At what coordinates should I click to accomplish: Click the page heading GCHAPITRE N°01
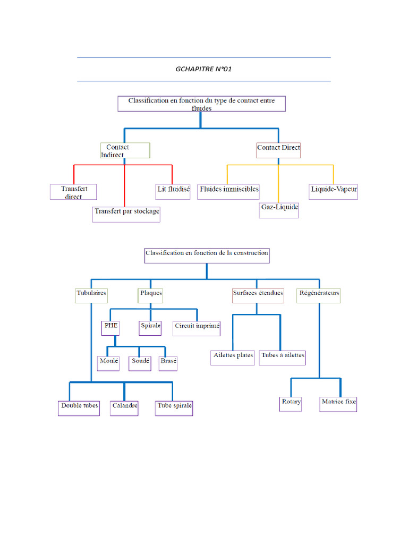(x=203, y=69)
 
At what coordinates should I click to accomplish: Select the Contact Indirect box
(x=125, y=150)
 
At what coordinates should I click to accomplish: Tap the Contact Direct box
(x=278, y=150)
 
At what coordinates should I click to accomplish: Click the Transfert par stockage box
(x=126, y=214)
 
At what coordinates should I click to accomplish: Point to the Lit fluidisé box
(x=173, y=191)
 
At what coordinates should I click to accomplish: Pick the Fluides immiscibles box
(x=229, y=191)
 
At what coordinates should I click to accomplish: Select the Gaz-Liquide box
(x=279, y=210)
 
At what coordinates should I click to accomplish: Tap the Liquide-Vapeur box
(x=334, y=191)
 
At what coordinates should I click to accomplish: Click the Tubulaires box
(x=91, y=295)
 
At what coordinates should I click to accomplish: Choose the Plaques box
(x=151, y=295)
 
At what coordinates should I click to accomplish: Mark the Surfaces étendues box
(x=258, y=295)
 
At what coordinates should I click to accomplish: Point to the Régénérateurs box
(x=319, y=295)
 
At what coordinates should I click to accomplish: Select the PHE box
(x=111, y=328)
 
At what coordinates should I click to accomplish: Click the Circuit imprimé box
(x=197, y=328)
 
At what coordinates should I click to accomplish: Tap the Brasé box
(x=168, y=363)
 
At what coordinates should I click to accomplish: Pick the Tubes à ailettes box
(x=283, y=357)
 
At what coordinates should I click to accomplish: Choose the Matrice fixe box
(x=338, y=404)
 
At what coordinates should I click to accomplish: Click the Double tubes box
(x=79, y=407)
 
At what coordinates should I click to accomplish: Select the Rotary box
(x=291, y=404)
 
